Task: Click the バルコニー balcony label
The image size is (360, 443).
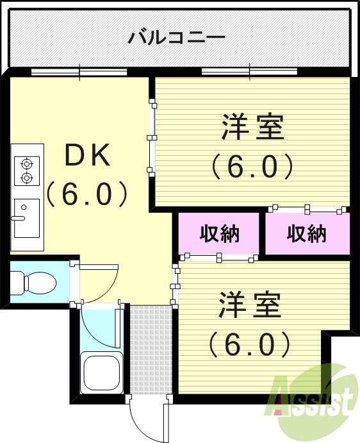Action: pos(176,36)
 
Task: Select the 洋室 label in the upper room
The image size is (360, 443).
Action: pos(252,126)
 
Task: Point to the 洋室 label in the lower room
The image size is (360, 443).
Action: pos(250,306)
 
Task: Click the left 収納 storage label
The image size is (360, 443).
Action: pos(219,233)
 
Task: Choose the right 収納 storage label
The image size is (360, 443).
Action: pos(307,233)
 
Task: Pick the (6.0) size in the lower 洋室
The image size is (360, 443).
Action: pos(250,346)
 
